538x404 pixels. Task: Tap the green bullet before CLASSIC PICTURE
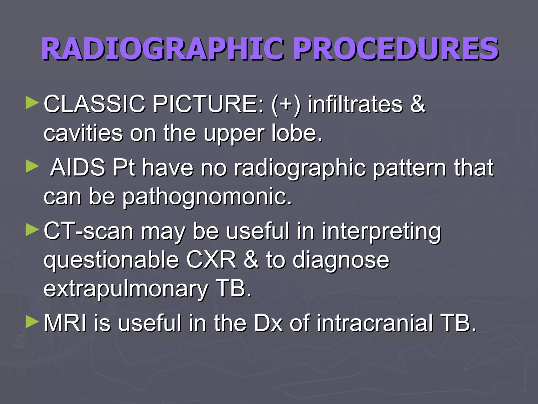pos(32,103)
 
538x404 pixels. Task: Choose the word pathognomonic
pos(207,197)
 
